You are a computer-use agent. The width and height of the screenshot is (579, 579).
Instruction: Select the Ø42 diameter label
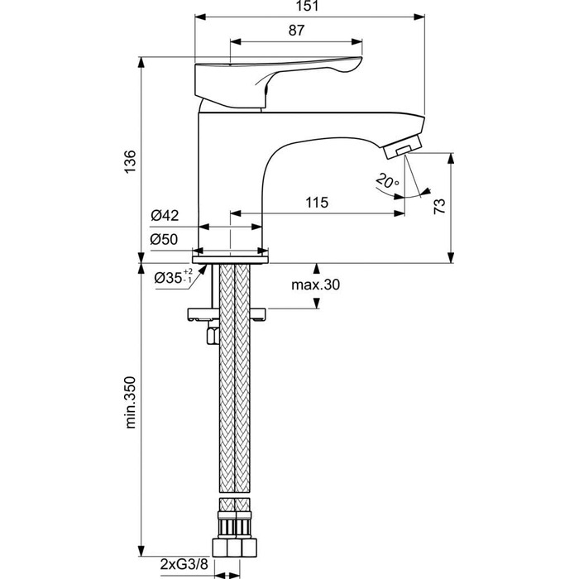point(165,217)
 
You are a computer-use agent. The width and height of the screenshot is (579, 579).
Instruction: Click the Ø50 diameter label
point(165,240)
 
